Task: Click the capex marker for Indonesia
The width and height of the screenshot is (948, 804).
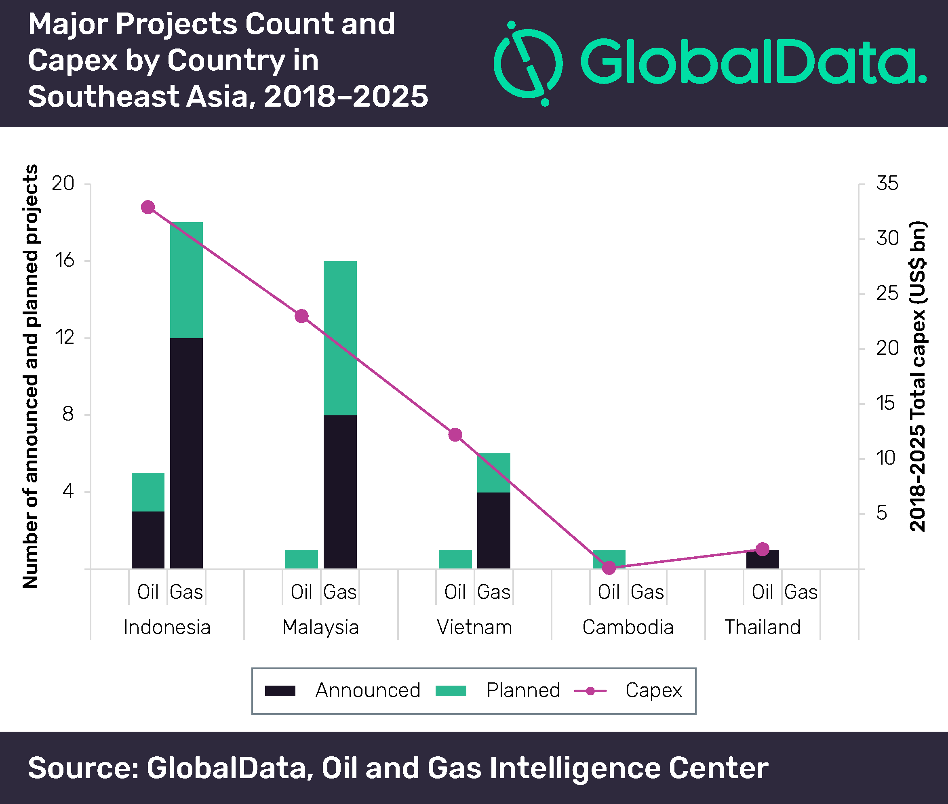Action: (147, 207)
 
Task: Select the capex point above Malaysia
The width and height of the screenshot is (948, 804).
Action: (301, 316)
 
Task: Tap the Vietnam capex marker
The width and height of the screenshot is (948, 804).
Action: (455, 435)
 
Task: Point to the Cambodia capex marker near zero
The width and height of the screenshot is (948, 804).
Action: (609, 568)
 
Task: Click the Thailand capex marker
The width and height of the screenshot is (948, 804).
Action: (763, 549)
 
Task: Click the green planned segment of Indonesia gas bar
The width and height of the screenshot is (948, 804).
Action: (186, 280)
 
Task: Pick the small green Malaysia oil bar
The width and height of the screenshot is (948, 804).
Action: (301, 559)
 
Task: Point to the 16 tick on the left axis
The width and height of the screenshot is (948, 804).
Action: (64, 261)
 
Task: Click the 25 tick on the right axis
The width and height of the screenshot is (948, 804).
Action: (887, 294)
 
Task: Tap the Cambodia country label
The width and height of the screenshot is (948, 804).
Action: (628, 627)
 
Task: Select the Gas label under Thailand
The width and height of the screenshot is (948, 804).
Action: (801, 592)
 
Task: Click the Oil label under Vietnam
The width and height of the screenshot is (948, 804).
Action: (455, 592)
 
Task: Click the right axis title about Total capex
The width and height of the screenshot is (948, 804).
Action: (917, 377)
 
